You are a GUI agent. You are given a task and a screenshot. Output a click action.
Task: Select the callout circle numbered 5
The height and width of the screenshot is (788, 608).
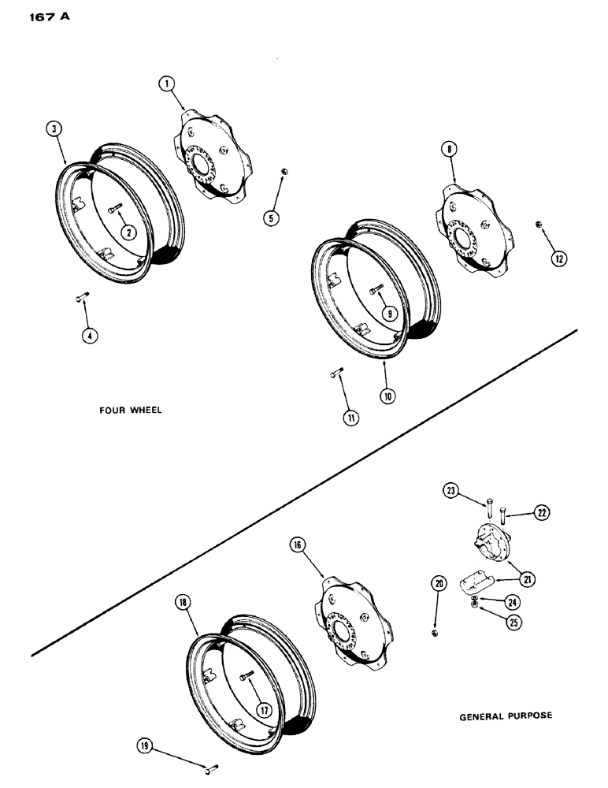tap(272, 218)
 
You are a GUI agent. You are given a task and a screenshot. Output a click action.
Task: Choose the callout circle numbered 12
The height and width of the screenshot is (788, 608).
tap(558, 257)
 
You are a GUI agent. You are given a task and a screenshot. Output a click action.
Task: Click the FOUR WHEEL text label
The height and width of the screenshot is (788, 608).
tap(130, 411)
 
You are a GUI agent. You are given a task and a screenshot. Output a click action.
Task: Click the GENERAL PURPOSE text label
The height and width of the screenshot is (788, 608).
tap(505, 716)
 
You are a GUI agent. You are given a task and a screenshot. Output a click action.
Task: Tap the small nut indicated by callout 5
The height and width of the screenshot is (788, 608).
tap(284, 172)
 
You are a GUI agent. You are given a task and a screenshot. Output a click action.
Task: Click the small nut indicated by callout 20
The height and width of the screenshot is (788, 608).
tap(434, 633)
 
